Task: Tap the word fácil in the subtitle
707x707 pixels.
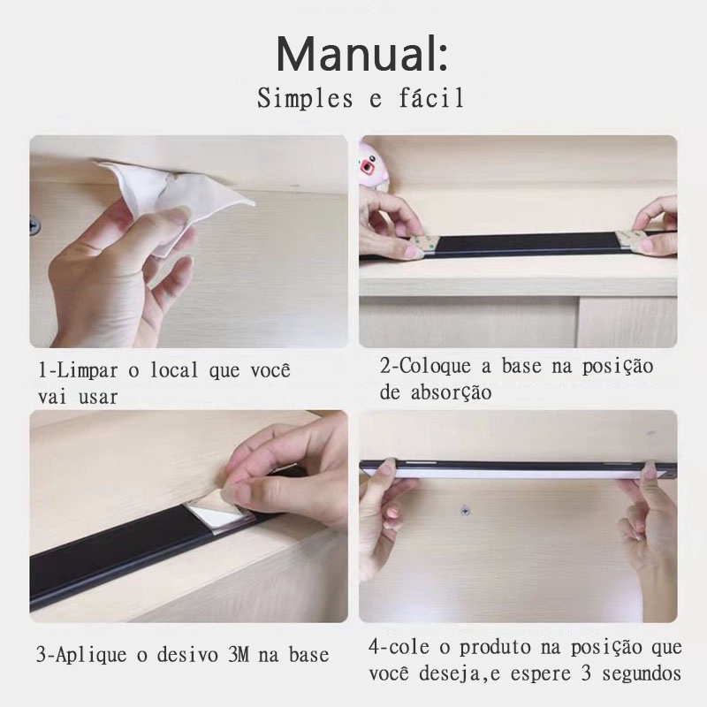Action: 431,98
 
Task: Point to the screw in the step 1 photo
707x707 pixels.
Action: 34,224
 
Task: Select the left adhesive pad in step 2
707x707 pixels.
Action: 423,247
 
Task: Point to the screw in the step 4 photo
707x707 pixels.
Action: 466,511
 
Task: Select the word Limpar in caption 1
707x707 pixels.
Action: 87,370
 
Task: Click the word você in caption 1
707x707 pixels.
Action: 270,370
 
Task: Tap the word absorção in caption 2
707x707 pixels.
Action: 451,393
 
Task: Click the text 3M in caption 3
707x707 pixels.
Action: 239,655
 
